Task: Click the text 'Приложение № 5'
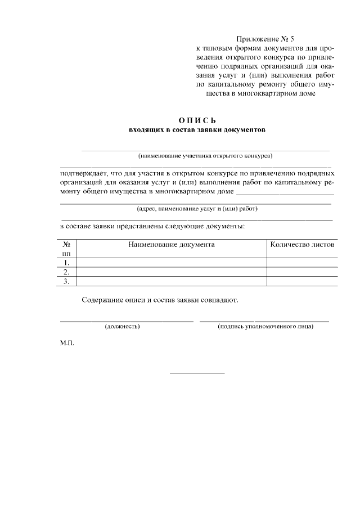coord(265,39)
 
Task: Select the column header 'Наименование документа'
coord(171,245)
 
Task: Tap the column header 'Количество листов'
coord(302,245)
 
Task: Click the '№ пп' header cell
coord(66,249)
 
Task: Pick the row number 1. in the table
coord(66,263)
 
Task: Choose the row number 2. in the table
coord(66,272)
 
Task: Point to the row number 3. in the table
coord(66,281)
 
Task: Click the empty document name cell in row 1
coord(171,263)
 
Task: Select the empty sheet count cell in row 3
coord(302,281)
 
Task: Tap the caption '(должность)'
coord(122,326)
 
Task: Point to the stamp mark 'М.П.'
coord(67,342)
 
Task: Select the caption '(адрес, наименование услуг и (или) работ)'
coord(197,209)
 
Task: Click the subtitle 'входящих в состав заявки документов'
coord(197,130)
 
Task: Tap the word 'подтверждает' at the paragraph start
coord(86,173)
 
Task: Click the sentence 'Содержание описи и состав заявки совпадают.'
coord(160,300)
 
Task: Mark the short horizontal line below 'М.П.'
coord(197,373)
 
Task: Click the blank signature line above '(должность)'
coord(127,321)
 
